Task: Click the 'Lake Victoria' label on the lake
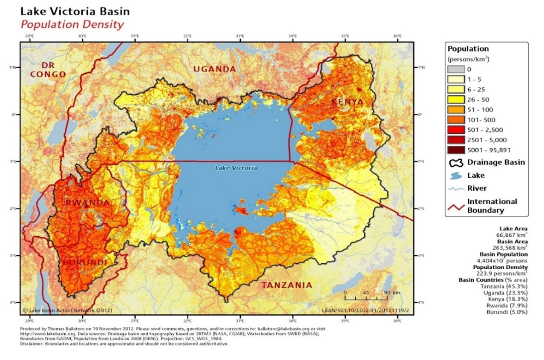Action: [x=236, y=168]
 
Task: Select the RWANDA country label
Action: [x=87, y=203]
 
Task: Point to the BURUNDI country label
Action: [x=85, y=262]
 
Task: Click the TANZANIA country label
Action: [x=287, y=285]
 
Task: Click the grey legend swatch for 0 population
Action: [x=455, y=69]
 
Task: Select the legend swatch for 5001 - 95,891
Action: [x=455, y=150]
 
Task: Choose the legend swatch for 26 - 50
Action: [x=455, y=100]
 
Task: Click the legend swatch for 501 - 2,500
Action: [x=455, y=130]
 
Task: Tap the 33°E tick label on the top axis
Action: [x=240, y=37]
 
